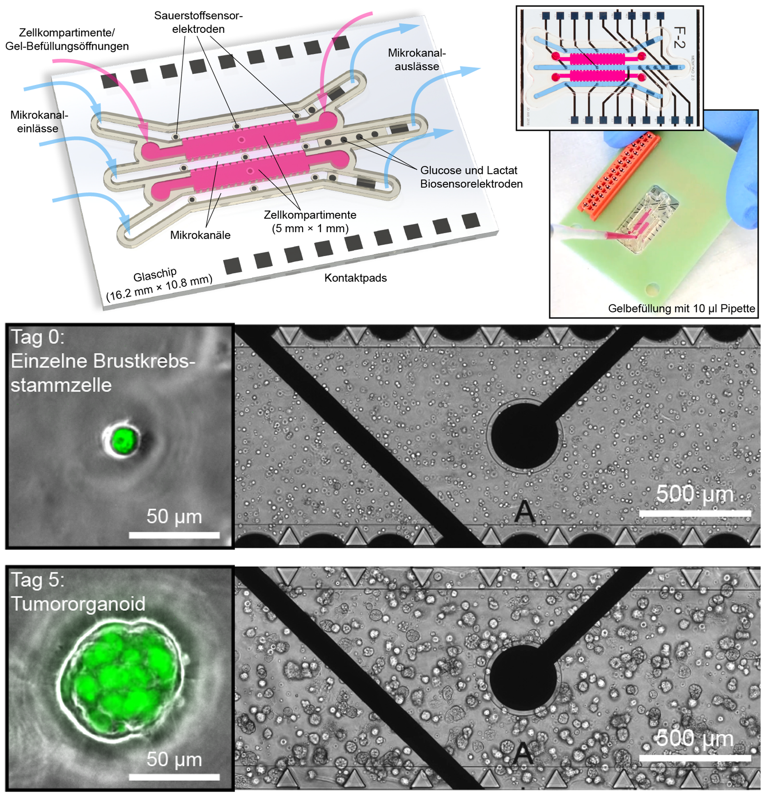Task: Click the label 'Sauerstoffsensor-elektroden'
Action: [x=198, y=22]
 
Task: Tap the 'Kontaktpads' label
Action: [x=355, y=278]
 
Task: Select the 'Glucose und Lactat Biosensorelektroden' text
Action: [x=471, y=177]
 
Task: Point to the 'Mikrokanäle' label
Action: [x=200, y=235]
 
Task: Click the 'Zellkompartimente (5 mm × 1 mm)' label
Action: [x=310, y=222]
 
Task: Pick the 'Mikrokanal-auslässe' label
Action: [x=417, y=59]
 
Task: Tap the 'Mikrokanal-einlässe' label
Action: [x=39, y=121]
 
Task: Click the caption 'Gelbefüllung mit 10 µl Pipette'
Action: [x=681, y=308]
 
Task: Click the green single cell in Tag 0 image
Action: [x=122, y=440]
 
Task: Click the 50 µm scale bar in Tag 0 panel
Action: [x=174, y=535]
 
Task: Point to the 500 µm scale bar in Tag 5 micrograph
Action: [x=695, y=758]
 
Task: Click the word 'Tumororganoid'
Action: [x=78, y=603]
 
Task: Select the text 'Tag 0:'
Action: [x=37, y=337]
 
